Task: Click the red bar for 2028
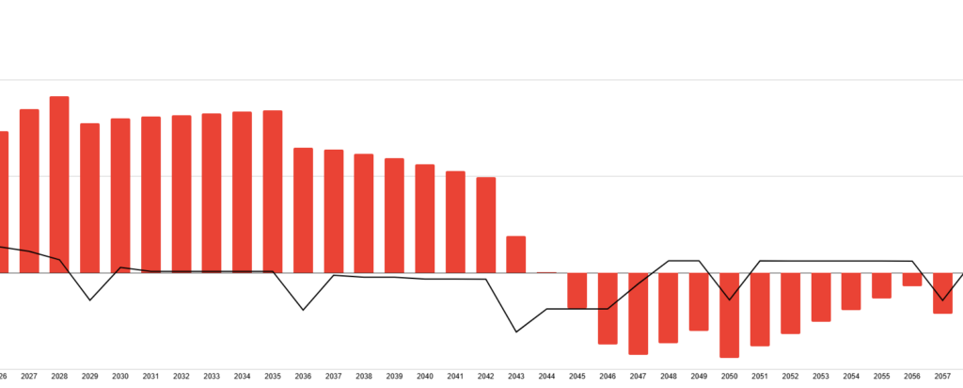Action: tap(59, 184)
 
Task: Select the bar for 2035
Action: tap(273, 191)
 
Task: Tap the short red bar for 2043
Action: tap(516, 254)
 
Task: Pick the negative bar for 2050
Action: tap(729, 315)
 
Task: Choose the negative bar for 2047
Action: tap(638, 314)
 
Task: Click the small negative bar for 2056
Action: tap(912, 280)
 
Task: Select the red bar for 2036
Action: tap(303, 210)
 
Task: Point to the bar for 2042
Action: tap(485, 224)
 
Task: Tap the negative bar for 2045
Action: tap(576, 290)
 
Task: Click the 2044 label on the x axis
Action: tap(546, 376)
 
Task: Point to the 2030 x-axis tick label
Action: tap(120, 376)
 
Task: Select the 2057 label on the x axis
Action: tap(942, 376)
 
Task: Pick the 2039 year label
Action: tap(394, 376)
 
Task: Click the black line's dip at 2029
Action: tap(90, 300)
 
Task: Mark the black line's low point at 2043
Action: tap(516, 331)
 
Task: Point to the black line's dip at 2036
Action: tap(303, 310)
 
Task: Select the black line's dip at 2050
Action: tap(729, 299)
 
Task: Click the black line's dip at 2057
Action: tap(942, 300)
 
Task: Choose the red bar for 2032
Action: tap(182, 194)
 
